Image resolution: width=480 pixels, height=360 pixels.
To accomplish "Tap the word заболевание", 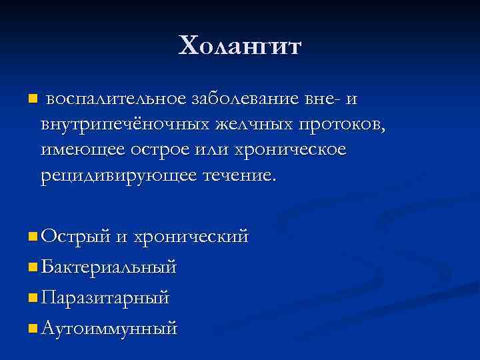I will [244, 99].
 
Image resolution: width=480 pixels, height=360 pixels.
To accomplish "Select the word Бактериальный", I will [109, 267].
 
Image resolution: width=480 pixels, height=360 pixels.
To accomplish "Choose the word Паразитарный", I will [105, 297].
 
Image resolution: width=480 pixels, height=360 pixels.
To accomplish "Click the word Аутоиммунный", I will [109, 328].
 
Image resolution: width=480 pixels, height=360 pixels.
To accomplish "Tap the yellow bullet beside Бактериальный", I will [33, 267].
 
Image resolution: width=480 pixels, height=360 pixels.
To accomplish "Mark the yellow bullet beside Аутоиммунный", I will [33, 329].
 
